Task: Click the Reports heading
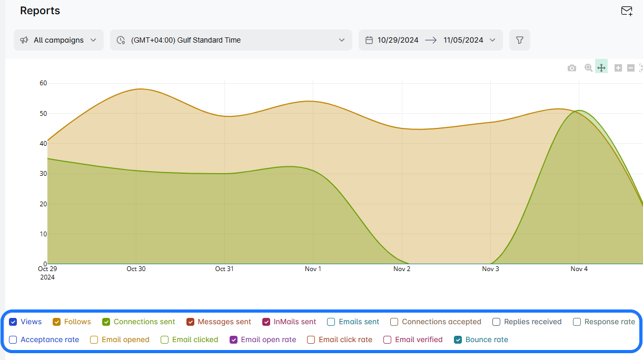click(40, 11)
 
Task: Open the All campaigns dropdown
click(58, 40)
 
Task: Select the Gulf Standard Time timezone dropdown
click(231, 40)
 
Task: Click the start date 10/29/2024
click(398, 40)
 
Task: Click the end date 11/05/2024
click(463, 40)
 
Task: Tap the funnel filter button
click(519, 40)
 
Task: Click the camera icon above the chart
click(571, 68)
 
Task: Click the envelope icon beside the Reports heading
click(626, 11)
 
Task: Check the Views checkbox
click(13, 322)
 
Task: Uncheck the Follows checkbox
click(57, 322)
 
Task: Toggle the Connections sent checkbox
click(106, 322)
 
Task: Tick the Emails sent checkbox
click(331, 322)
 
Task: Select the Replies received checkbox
click(497, 322)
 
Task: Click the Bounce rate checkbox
click(458, 339)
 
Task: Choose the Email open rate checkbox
click(234, 339)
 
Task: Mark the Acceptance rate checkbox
click(13, 339)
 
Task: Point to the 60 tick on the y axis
click(43, 83)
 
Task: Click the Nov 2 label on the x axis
click(402, 269)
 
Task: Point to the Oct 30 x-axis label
click(136, 269)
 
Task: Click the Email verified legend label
click(419, 339)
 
